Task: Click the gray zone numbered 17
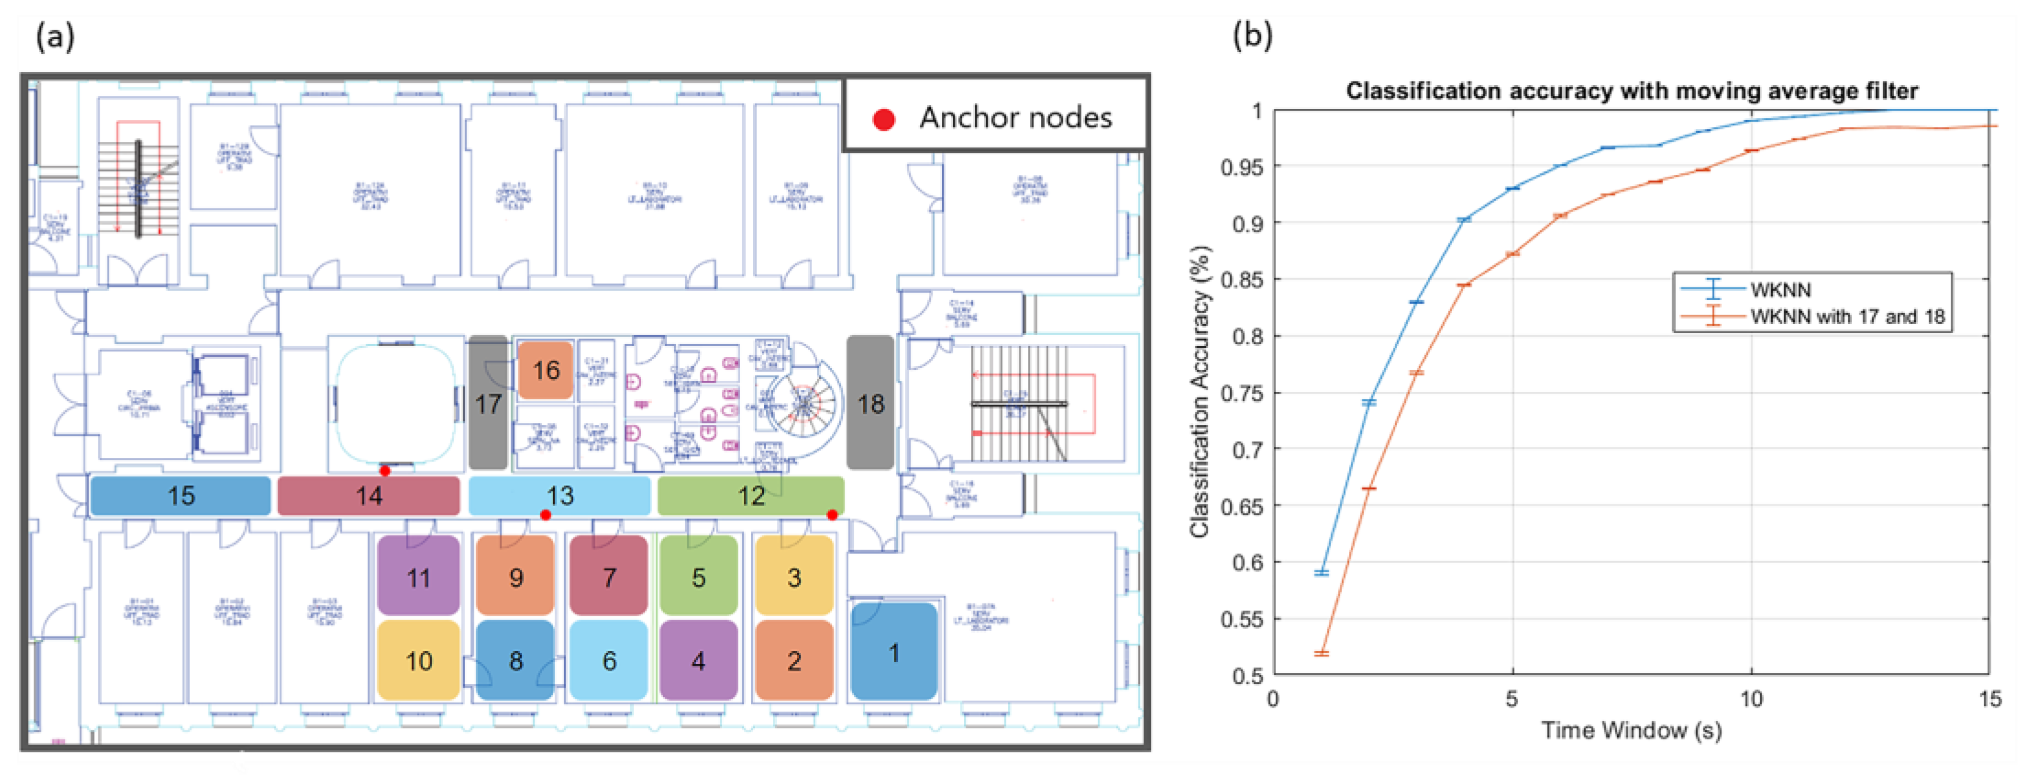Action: (x=488, y=402)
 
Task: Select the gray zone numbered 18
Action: (x=870, y=402)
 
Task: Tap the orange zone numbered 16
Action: (x=545, y=370)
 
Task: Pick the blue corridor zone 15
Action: (x=181, y=496)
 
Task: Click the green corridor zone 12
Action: (x=751, y=496)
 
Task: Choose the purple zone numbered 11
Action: (x=419, y=576)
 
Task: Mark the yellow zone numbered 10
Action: (x=419, y=660)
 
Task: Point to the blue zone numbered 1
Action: (x=894, y=652)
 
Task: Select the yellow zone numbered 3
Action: (x=793, y=576)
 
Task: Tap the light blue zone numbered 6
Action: (x=609, y=660)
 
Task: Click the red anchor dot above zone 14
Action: (x=385, y=471)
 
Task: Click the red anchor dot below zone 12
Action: (x=832, y=515)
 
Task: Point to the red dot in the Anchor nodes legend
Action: (x=884, y=120)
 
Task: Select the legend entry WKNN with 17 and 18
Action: (x=1847, y=316)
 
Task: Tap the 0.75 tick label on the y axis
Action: (x=1241, y=393)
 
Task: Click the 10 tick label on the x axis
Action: (x=1751, y=699)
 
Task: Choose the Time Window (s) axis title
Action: (x=1631, y=730)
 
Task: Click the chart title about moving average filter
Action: (x=1631, y=91)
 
